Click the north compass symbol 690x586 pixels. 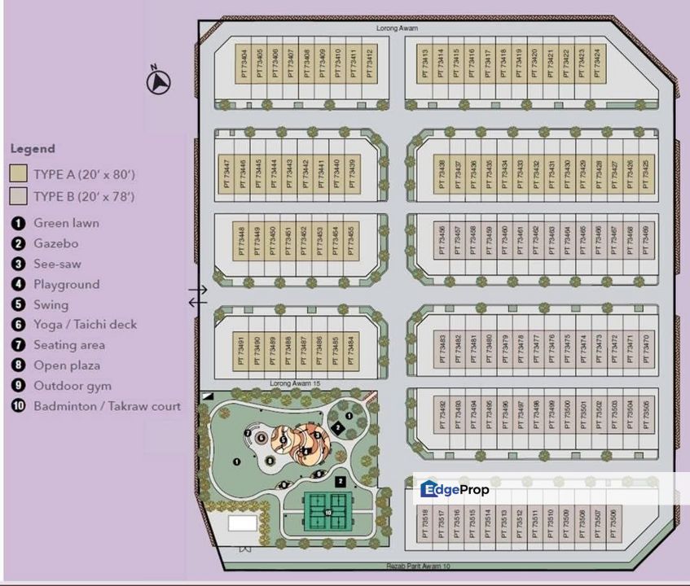[160, 81]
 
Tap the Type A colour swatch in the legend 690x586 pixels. [19, 174]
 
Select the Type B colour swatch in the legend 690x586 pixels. [19, 196]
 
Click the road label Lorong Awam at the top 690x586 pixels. [397, 28]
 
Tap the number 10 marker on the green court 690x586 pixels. [327, 512]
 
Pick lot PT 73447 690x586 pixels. [226, 173]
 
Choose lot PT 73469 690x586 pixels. [645, 241]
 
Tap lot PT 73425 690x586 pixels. [645, 173]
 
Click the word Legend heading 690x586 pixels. [33, 149]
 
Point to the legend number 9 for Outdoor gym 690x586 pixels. [18, 386]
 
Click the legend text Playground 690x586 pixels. [66, 284]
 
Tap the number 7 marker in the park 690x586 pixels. [247, 433]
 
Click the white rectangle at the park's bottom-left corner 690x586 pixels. [242, 523]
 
